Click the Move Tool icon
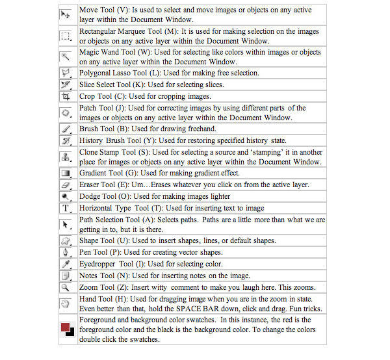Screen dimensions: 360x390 pos(66,14)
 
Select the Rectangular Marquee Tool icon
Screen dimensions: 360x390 pos(66,36)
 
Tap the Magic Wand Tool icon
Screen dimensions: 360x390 pos(66,57)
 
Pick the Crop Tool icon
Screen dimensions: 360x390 pos(66,96)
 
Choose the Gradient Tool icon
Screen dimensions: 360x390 pos(66,174)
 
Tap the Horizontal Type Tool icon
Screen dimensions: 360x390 pos(66,208)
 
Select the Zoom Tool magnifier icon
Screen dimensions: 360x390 pos(66,287)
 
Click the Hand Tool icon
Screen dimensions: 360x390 pos(66,303)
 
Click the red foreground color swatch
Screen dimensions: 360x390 pos(64,328)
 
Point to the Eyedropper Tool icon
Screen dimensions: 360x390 pos(66,264)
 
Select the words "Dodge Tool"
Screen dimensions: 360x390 pos(97,196)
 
